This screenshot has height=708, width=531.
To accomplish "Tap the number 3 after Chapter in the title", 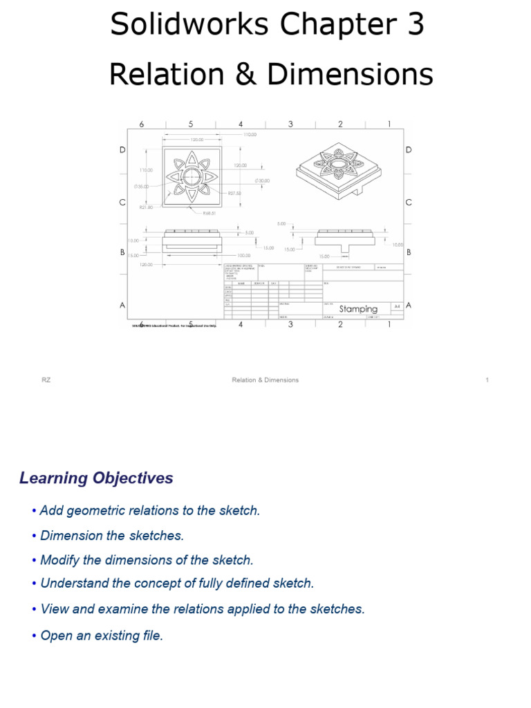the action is tap(416, 26).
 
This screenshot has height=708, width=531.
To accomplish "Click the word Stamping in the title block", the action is tap(358, 309).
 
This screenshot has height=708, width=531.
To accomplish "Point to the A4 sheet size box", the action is tap(397, 306).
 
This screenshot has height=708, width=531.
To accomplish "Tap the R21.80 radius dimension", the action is tap(145, 207).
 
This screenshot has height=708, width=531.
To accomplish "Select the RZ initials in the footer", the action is tap(46, 380).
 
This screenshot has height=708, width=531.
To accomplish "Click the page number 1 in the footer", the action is tap(487, 380).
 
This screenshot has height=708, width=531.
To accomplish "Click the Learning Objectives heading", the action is tap(96, 478).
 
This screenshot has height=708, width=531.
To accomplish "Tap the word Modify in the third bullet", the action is tap(59, 560).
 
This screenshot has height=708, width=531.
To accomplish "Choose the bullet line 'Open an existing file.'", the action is tap(102, 635).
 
